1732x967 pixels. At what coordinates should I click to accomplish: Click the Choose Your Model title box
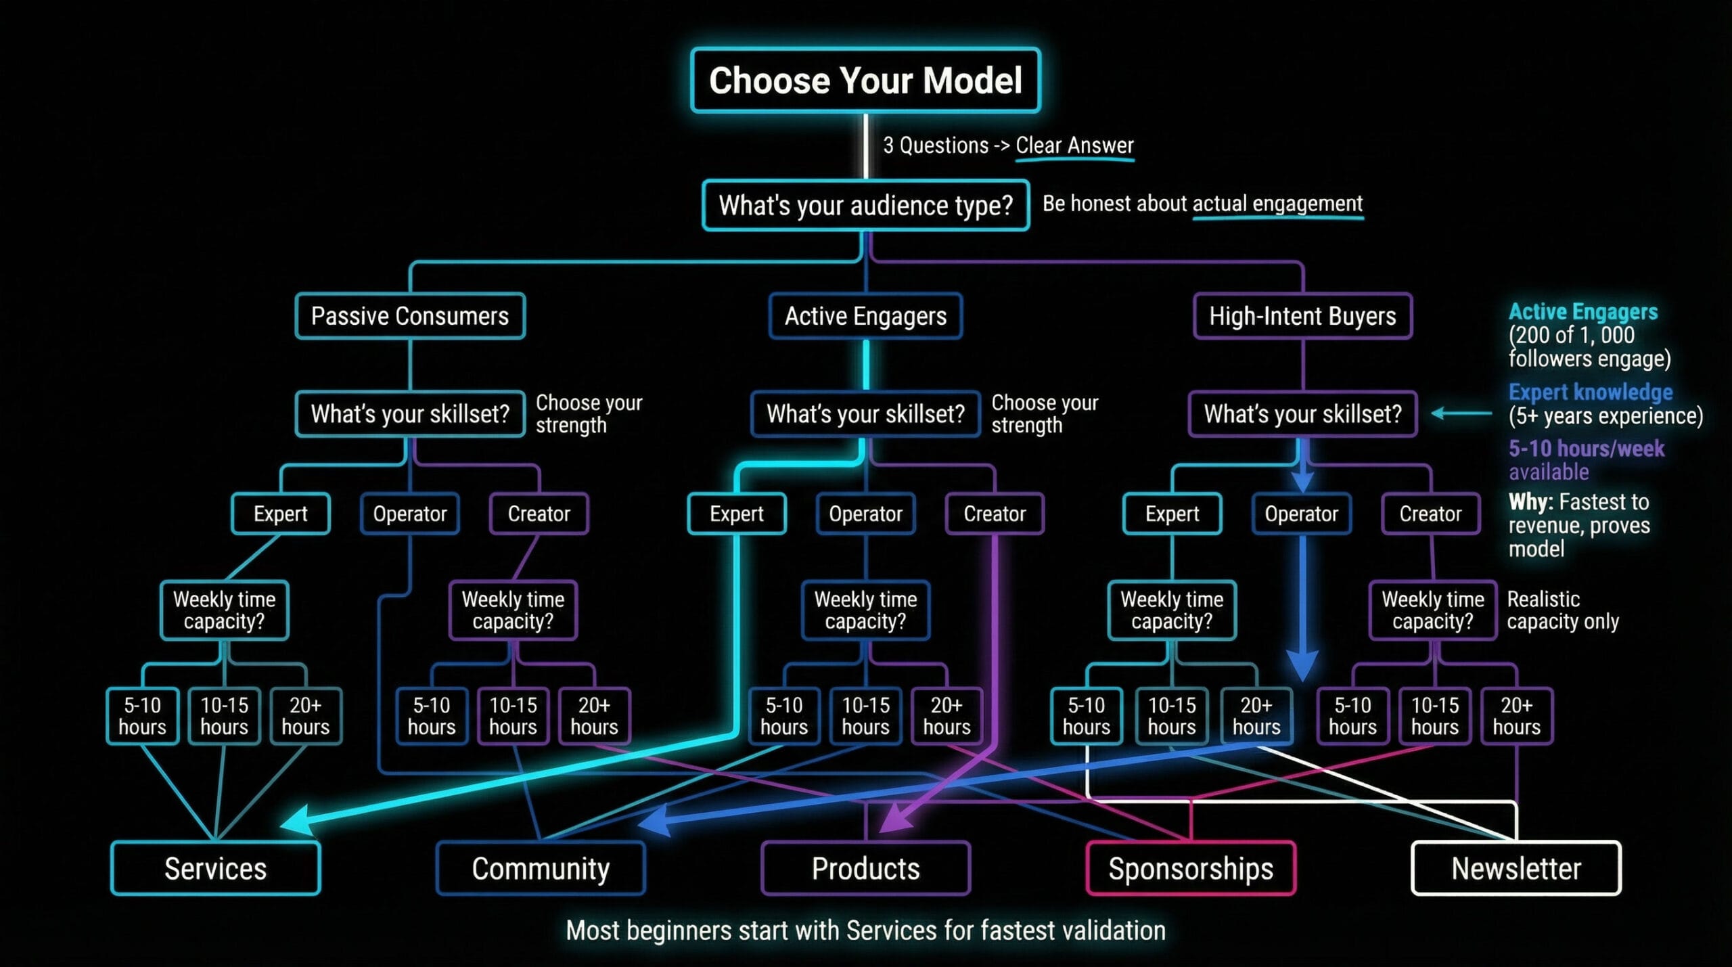click(865, 81)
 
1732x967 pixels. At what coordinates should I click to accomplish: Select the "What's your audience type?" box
click(865, 205)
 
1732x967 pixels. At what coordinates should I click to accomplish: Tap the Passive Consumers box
click(410, 316)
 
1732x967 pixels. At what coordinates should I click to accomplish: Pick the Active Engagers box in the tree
click(865, 316)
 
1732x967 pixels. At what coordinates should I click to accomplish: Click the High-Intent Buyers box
click(1302, 316)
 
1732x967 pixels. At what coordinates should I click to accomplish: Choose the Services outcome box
click(215, 868)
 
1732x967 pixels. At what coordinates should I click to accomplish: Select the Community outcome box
click(541, 868)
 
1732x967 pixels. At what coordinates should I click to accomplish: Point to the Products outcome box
click(865, 868)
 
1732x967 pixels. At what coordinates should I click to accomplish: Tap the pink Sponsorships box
click(1191, 868)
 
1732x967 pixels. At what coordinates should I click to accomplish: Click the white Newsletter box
click(1516, 868)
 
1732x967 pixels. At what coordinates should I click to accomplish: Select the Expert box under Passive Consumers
click(280, 514)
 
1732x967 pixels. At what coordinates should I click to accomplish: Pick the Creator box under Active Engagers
click(995, 514)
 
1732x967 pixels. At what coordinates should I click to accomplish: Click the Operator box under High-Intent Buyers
click(1302, 514)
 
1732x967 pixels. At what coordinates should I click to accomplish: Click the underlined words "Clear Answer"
click(1074, 145)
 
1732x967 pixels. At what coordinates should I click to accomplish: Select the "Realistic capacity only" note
click(1562, 610)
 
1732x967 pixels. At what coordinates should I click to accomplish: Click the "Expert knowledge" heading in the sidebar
click(1590, 392)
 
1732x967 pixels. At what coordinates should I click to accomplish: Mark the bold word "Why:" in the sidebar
click(1530, 502)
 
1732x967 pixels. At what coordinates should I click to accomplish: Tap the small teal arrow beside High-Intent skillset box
click(1461, 413)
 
